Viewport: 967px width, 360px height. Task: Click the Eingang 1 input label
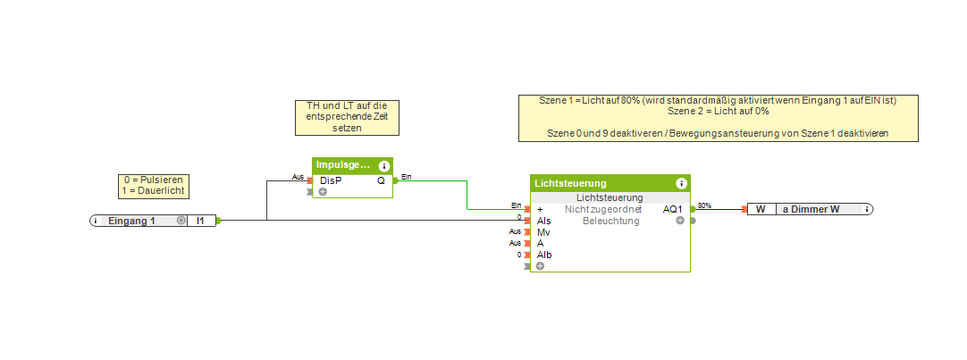(132, 221)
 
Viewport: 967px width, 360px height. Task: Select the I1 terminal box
(200, 221)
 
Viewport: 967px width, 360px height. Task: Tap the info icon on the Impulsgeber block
(384, 166)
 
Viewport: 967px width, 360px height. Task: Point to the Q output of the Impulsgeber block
(381, 180)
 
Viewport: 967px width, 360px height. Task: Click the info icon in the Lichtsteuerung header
(681, 183)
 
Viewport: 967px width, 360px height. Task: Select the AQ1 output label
(672, 209)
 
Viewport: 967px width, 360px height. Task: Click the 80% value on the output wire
(704, 205)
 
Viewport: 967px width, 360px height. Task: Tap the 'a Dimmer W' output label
(811, 209)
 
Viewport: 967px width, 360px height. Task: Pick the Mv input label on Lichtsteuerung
(543, 231)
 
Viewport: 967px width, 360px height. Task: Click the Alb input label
(544, 255)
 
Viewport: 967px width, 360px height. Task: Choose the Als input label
(543, 220)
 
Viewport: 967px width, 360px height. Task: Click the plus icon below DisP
(323, 191)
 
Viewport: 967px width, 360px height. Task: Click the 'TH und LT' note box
(347, 117)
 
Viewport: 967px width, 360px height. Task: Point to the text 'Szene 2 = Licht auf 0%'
(719, 112)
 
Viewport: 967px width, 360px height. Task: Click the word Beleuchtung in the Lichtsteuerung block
(611, 220)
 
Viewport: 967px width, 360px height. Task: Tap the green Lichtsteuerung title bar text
(570, 183)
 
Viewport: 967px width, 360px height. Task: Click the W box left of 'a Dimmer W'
(761, 209)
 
